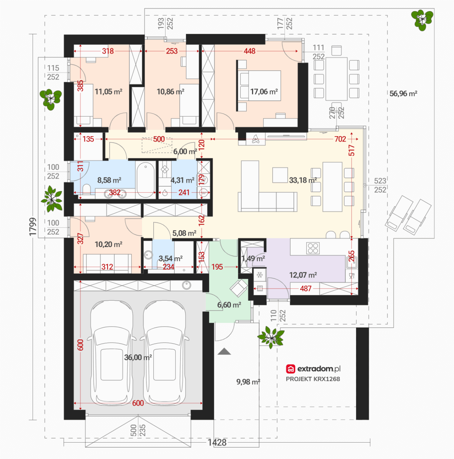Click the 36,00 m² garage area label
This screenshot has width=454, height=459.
pos(138,357)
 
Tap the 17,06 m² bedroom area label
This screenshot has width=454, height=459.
pos(264,91)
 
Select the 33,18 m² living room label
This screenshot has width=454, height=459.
pos(303,180)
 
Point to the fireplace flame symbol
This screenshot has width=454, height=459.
pos(255,139)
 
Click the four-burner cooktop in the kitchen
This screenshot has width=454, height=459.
pos(313,248)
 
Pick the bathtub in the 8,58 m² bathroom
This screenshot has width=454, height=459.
pos(146,180)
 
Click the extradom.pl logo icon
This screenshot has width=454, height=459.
pos(291,369)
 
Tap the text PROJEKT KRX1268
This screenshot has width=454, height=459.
pos(313,379)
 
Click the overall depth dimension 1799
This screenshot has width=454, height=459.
pos(33,226)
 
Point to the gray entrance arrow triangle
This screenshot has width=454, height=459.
pos(224,352)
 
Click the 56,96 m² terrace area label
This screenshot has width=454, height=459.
pos(403,94)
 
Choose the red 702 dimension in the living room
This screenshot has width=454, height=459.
pos(340,139)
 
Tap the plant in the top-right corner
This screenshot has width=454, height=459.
pos(422,20)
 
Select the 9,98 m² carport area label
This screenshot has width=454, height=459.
pos(248,382)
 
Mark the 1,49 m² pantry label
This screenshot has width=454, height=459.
pos(253,259)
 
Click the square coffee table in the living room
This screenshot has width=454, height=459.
pos(280,175)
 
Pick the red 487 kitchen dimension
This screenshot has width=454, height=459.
pos(306,289)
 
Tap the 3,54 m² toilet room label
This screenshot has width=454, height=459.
pos(171,259)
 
